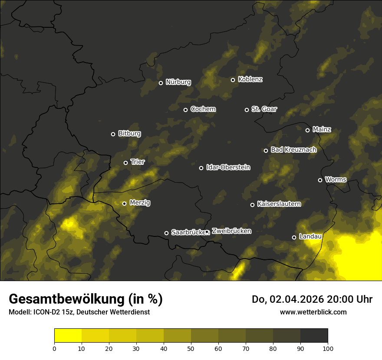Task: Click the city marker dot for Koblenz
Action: coord(233,80)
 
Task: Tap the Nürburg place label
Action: coord(178,82)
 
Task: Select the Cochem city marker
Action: coord(185,110)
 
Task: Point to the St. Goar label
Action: coord(264,109)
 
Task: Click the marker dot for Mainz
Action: coord(307,130)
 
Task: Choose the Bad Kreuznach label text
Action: coord(293,150)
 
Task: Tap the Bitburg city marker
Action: coord(113,134)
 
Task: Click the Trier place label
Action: coord(137,162)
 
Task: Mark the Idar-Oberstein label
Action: coord(228,167)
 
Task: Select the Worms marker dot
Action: coord(320,180)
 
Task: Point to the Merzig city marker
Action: coord(124,203)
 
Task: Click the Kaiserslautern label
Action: coord(279,204)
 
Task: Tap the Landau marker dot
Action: coord(294,237)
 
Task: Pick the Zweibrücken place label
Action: coord(231,231)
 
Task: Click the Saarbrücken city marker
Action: coord(166,233)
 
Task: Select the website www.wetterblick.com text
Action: coord(313,312)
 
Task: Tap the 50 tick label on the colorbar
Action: coord(191,348)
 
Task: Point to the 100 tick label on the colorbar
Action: coord(328,348)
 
